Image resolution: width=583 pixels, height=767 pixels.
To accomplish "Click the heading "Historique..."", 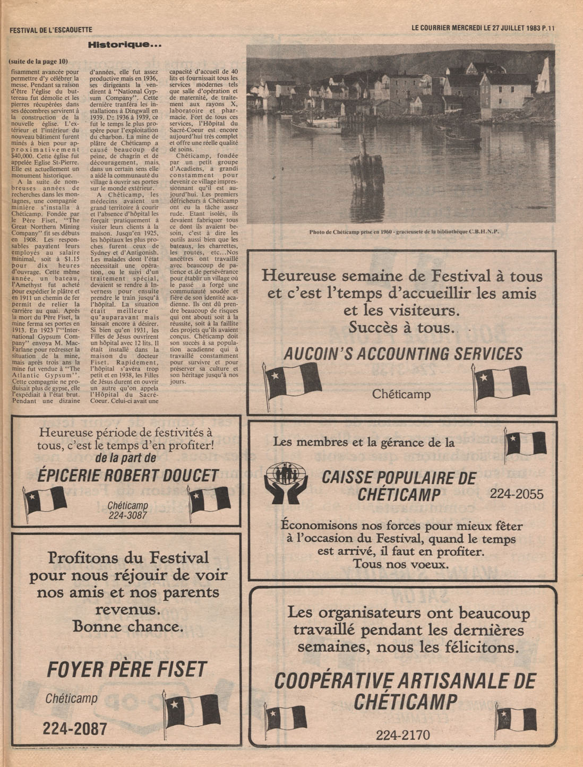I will tap(124, 45).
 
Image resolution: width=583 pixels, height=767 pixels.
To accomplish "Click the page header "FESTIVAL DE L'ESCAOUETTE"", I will tap(51, 30).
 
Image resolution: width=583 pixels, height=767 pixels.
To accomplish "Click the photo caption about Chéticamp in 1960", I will tap(404, 231).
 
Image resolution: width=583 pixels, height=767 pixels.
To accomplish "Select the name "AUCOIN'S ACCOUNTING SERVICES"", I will tap(403, 354).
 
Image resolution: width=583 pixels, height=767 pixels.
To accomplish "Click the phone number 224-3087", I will tap(127, 515).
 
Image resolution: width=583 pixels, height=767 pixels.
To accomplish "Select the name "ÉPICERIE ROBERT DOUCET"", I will tap(128, 476).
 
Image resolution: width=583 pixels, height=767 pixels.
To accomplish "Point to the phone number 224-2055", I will tap(516, 494).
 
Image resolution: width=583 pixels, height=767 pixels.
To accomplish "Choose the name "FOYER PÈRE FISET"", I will tap(126, 670).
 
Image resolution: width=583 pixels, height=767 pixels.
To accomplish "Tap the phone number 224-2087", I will tap(75, 729).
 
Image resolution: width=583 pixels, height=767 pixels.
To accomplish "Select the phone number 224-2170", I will tap(402, 735).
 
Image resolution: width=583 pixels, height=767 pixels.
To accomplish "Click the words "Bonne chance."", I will tap(128, 626).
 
